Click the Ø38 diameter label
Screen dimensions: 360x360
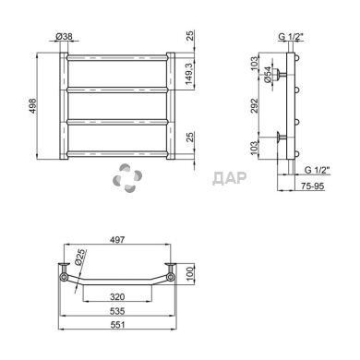pyautogui.click(x=65, y=37)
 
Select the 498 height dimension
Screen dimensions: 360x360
pyautogui.click(x=32, y=106)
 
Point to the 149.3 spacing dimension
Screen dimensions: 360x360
pyautogui.click(x=189, y=74)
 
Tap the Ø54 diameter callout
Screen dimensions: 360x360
pyautogui.click(x=268, y=75)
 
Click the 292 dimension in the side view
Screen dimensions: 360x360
pyautogui.click(x=254, y=105)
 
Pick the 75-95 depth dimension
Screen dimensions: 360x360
pyautogui.click(x=312, y=186)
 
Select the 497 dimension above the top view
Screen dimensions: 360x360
pyautogui.click(x=117, y=239)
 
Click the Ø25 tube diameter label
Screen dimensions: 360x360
pyautogui.click(x=79, y=258)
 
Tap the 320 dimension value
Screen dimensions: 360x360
pyautogui.click(x=117, y=296)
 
